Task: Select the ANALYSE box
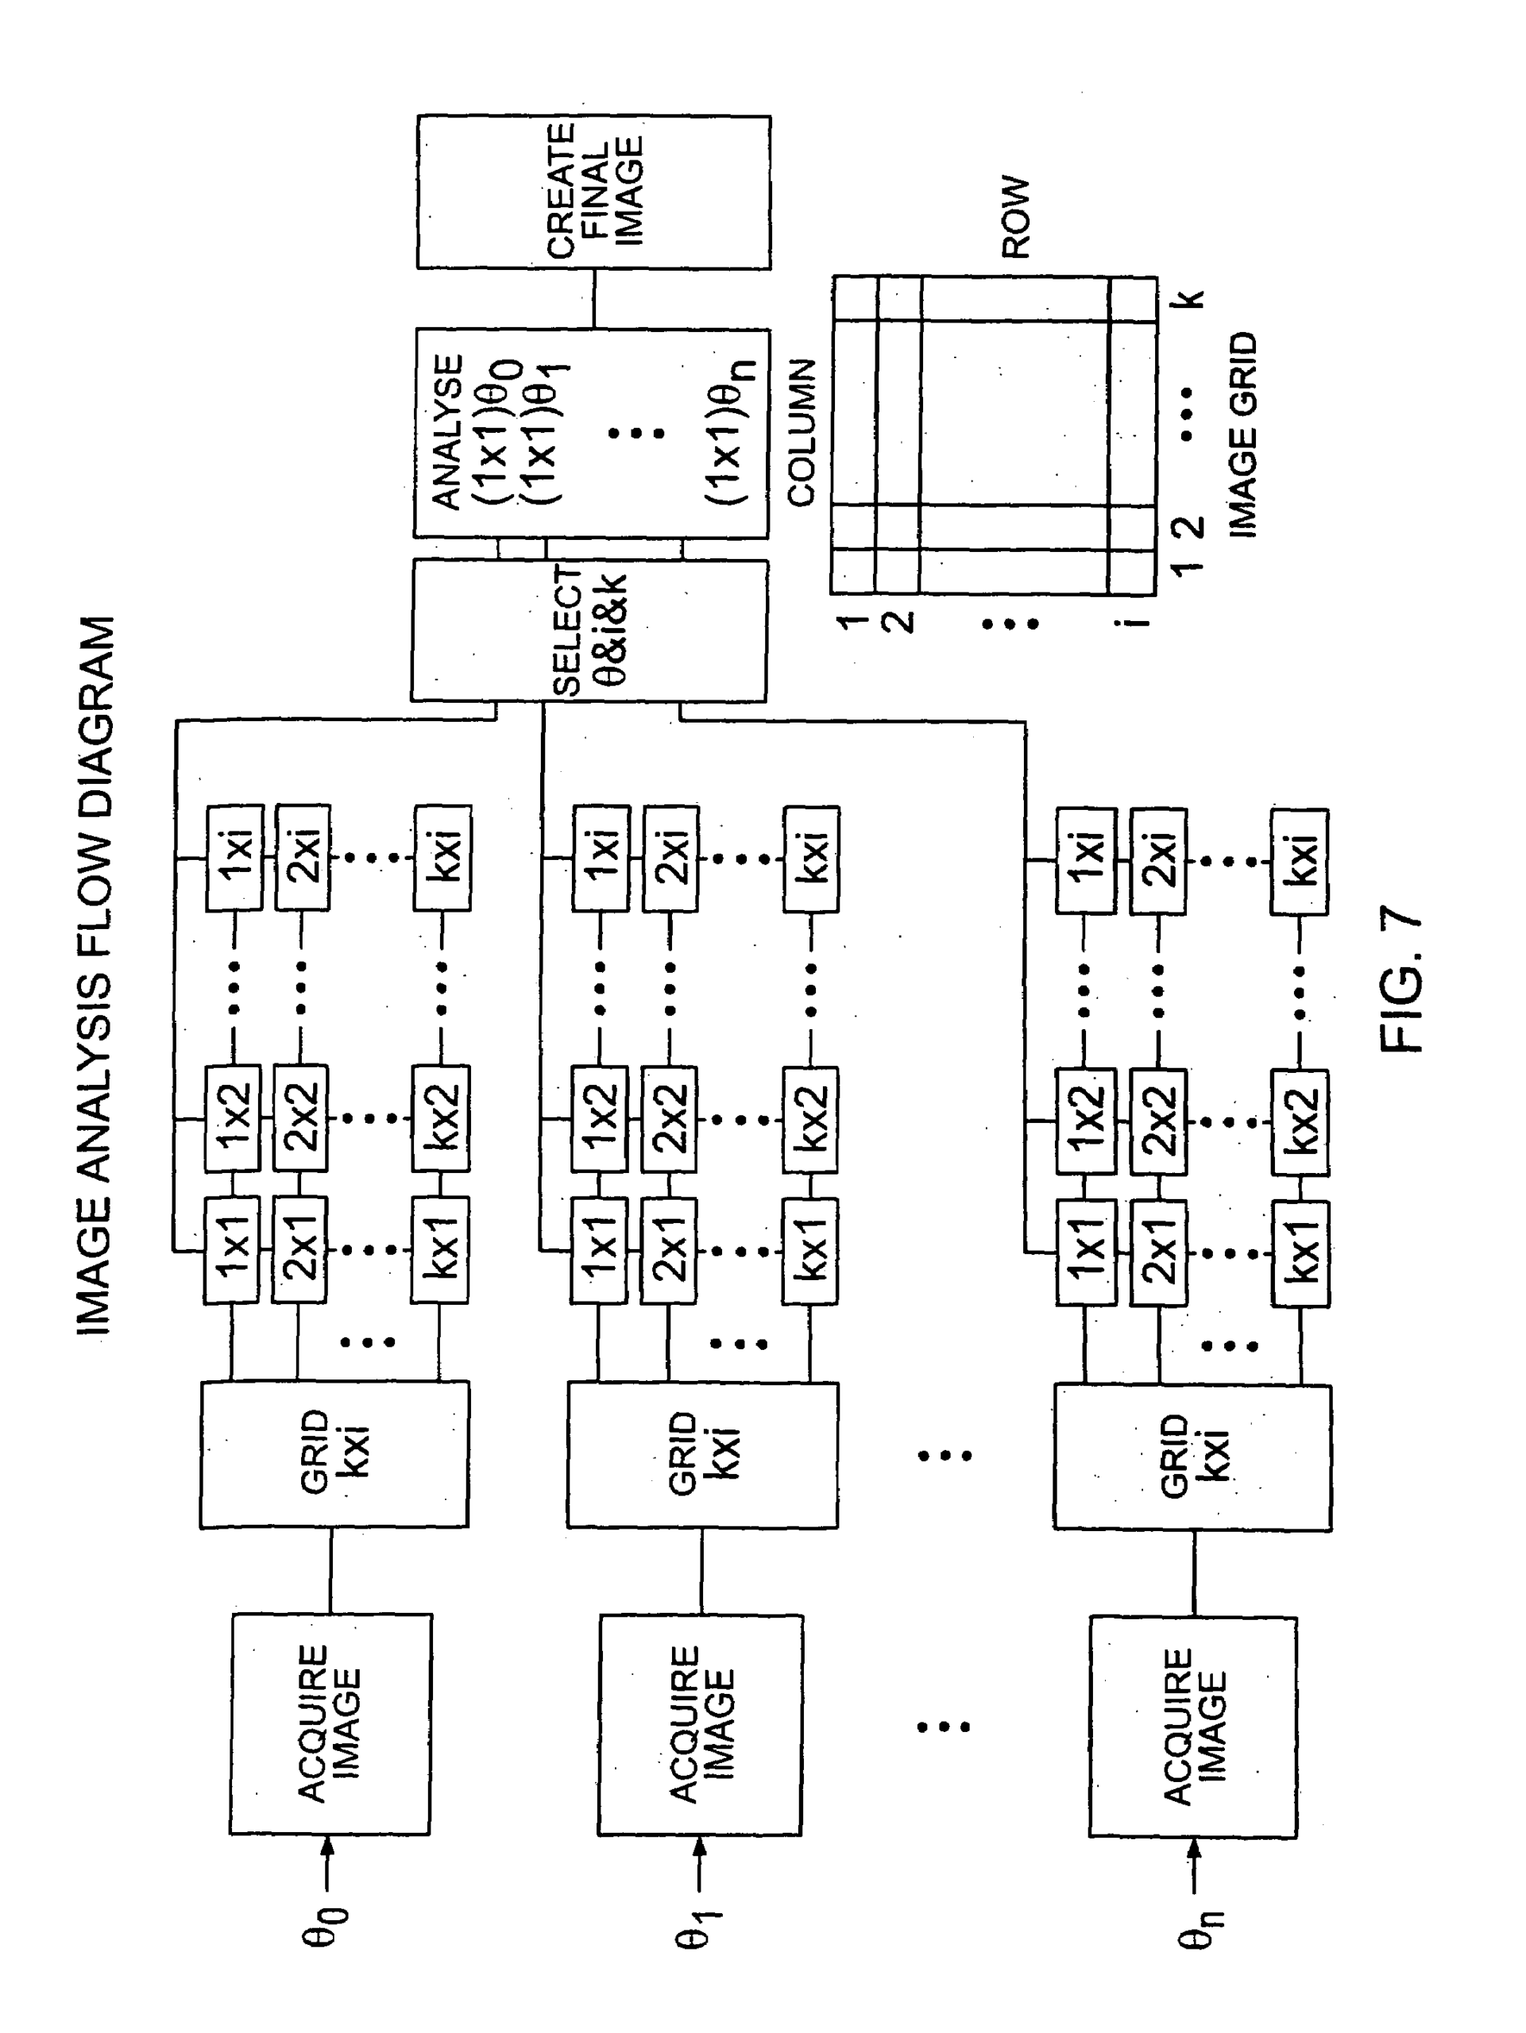click(x=591, y=432)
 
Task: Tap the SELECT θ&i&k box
click(x=589, y=631)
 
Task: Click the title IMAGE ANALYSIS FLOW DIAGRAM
click(x=95, y=974)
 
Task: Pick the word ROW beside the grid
click(x=1016, y=217)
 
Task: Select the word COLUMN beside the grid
click(x=802, y=432)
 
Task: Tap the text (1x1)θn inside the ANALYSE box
click(x=730, y=432)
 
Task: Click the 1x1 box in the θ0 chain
click(x=233, y=1249)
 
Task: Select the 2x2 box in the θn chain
click(x=1157, y=1121)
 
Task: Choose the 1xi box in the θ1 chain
click(x=601, y=858)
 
